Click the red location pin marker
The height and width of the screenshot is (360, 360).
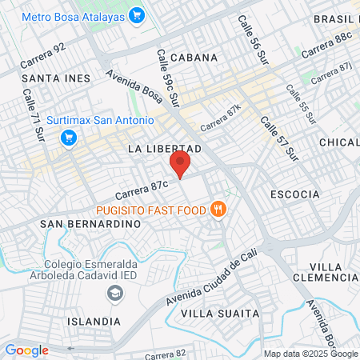(180, 166)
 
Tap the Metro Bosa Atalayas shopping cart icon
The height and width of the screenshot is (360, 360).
(136, 15)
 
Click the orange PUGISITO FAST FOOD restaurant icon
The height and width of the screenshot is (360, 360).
(218, 210)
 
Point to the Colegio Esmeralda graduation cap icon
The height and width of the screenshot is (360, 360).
(115, 294)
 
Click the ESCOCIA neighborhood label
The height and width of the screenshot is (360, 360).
(295, 194)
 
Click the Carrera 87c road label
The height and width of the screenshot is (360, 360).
(141, 191)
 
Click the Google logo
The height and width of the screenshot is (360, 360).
(26, 350)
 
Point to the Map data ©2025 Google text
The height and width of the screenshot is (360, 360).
(311, 354)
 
